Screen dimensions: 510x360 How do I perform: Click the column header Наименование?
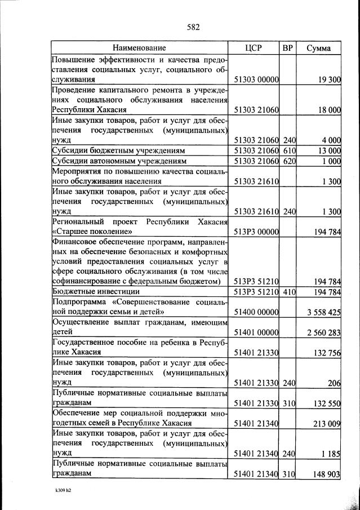pyautogui.click(x=139, y=48)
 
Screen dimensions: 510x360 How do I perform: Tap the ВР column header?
pyautogui.click(x=288, y=48)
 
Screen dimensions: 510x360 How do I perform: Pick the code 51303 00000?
pyautogui.click(x=256, y=80)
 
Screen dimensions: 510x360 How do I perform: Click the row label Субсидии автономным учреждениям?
pyautogui.click(x=110, y=161)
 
